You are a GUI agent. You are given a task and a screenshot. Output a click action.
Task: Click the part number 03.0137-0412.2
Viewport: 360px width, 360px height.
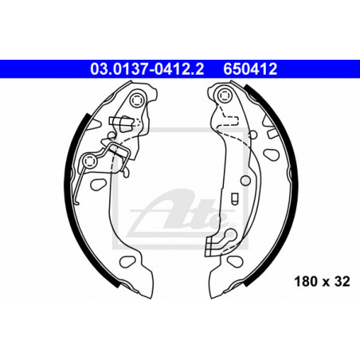(x=147, y=69)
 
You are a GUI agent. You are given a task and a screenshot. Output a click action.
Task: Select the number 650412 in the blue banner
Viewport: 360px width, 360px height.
(x=250, y=69)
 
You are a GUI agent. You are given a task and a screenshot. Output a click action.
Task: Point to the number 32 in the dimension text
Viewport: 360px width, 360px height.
(x=342, y=281)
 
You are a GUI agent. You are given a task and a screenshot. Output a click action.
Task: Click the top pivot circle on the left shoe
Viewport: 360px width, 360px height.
(x=137, y=100)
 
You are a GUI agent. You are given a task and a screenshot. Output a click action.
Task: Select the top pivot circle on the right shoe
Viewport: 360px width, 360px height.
(x=225, y=96)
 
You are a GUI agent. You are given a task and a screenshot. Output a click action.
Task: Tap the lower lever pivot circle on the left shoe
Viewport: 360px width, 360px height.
(x=89, y=161)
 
